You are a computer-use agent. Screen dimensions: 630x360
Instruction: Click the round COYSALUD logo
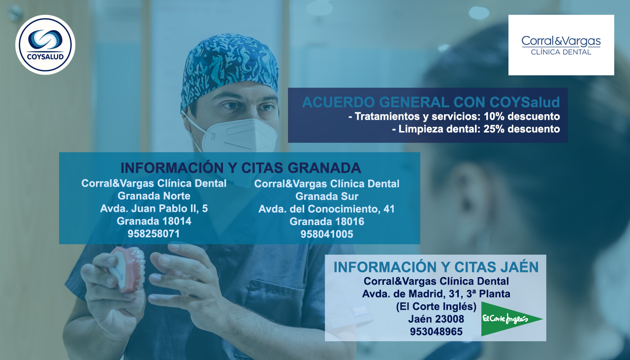click(x=45, y=45)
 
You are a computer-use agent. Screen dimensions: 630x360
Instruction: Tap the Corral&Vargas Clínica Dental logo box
click(x=561, y=45)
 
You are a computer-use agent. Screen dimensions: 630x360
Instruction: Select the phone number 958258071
click(x=154, y=233)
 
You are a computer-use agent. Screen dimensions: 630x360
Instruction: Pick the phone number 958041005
click(x=326, y=234)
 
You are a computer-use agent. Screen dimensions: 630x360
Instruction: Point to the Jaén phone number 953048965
click(x=436, y=331)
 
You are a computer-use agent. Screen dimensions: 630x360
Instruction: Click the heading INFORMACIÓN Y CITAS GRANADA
click(x=241, y=168)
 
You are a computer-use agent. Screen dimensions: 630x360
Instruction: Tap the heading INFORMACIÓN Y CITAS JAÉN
click(x=436, y=267)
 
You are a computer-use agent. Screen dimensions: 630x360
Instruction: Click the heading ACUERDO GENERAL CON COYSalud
click(x=431, y=102)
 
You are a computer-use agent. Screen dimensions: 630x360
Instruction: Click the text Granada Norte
click(x=154, y=196)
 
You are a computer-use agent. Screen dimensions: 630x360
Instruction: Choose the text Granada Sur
click(x=327, y=196)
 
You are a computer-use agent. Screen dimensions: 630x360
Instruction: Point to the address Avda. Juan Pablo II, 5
click(x=154, y=209)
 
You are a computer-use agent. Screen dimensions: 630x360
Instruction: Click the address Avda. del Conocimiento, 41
click(x=326, y=209)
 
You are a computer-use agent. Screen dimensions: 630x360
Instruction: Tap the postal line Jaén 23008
click(x=436, y=319)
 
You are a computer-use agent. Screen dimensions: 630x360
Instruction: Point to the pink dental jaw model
click(x=128, y=269)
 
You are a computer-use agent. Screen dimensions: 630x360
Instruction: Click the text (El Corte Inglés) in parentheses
click(x=436, y=306)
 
